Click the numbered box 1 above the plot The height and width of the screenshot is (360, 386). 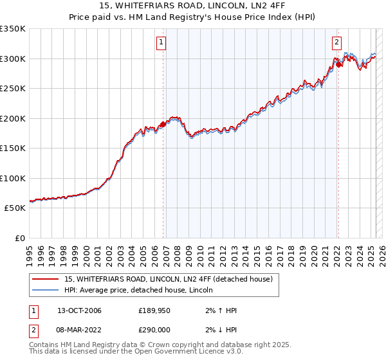pyautogui.click(x=161, y=43)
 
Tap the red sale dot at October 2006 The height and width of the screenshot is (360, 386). pyautogui.click(x=163, y=125)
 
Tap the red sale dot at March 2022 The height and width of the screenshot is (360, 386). pyautogui.click(x=338, y=65)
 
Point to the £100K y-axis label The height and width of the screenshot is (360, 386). pyautogui.click(x=13, y=178)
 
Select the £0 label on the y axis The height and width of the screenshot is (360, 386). pyautogui.click(x=19, y=238)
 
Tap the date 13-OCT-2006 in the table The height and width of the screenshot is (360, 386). pyautogui.click(x=79, y=310)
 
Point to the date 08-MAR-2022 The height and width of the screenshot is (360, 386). pyautogui.click(x=80, y=330)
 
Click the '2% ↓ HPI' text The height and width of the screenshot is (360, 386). pyautogui.click(x=222, y=330)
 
